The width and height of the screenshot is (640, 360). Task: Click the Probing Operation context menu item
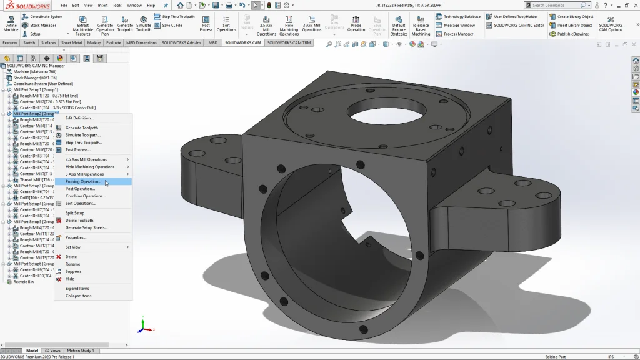(83, 182)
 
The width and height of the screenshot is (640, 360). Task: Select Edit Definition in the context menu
(79, 118)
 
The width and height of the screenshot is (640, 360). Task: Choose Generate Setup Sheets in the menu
(86, 227)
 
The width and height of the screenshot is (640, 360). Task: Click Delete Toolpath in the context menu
(79, 221)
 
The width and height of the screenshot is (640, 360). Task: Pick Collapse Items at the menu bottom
(78, 296)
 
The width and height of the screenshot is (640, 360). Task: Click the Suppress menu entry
(73, 271)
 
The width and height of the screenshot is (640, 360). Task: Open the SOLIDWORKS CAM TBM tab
(289, 43)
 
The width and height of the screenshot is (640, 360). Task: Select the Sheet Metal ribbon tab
(71, 43)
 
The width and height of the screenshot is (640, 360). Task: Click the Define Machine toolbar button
(11, 24)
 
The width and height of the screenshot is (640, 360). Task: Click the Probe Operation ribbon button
(356, 24)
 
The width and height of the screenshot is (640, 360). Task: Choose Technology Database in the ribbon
(458, 17)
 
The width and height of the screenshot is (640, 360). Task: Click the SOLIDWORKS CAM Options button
(611, 24)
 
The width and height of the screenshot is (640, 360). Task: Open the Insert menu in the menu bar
(102, 5)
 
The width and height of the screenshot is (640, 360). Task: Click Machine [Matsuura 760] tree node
(34, 71)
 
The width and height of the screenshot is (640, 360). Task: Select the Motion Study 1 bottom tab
(80, 351)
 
